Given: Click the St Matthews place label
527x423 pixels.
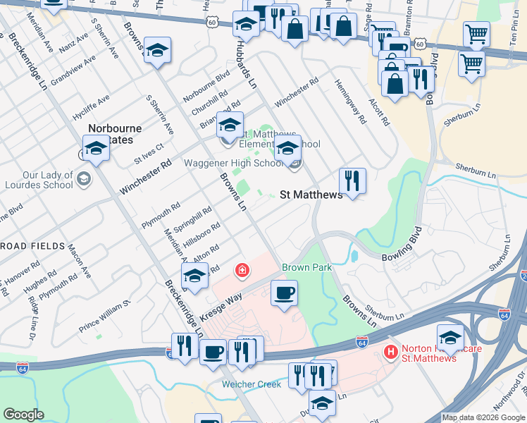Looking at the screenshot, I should (311, 195).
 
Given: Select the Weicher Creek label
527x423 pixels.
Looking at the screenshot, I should (252, 384).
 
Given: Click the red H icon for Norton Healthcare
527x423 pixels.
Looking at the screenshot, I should (387, 350).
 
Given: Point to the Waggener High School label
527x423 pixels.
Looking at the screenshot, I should (234, 164).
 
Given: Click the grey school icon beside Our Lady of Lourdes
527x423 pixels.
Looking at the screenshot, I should (84, 178).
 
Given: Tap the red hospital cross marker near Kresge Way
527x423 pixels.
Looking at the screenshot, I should (242, 270).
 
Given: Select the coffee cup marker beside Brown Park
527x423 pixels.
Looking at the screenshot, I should (284, 293).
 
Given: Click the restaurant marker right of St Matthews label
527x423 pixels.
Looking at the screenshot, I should (352, 180).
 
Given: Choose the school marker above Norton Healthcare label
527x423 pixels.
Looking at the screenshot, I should (449, 336).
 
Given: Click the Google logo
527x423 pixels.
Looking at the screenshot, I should (23, 415).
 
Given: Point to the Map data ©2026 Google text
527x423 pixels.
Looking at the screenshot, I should (483, 417).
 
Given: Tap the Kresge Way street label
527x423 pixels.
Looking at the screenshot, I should (221, 305).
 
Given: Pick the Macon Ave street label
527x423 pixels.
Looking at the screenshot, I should (78, 260).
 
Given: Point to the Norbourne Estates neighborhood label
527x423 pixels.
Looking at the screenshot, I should (115, 134).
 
